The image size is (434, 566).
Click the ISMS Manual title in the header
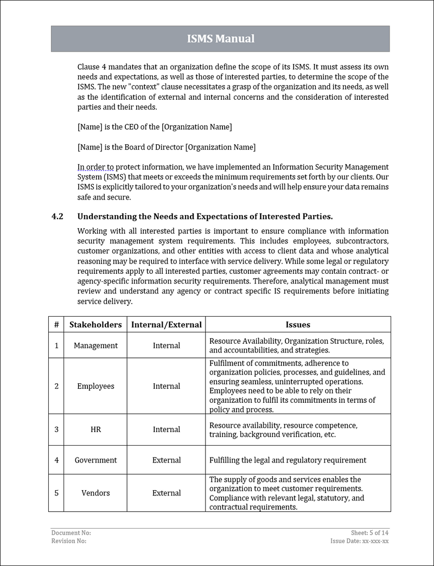220,38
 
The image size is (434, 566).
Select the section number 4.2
58,216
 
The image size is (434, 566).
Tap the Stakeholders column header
95,325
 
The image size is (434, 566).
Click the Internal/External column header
166,325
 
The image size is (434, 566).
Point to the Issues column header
298,325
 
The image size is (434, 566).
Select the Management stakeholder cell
95,345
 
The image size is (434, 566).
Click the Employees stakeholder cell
95,386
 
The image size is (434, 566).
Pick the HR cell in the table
95,429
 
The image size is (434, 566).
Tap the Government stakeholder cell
95,460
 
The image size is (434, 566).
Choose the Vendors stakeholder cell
95,493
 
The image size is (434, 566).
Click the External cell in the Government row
166,460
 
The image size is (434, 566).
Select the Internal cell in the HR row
166,429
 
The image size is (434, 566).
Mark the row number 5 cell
56,493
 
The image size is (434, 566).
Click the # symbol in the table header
56,325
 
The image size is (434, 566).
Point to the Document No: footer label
71,533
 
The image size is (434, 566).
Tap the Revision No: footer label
69,541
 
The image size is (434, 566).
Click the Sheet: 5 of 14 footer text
369,533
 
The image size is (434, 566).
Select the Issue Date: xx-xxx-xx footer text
359,541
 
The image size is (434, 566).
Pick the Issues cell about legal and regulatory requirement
288,460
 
